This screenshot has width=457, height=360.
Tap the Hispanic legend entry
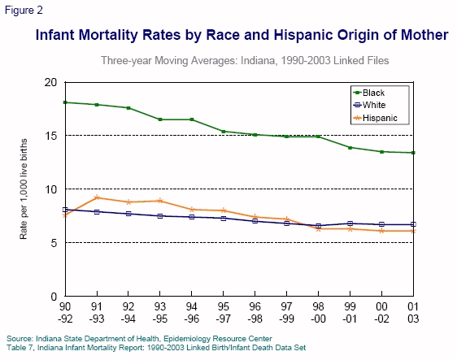(380, 118)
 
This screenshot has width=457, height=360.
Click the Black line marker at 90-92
(65, 102)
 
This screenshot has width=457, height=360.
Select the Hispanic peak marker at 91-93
(97, 197)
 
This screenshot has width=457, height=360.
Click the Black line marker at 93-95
(160, 119)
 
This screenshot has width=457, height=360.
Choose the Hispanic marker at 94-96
(193, 209)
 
